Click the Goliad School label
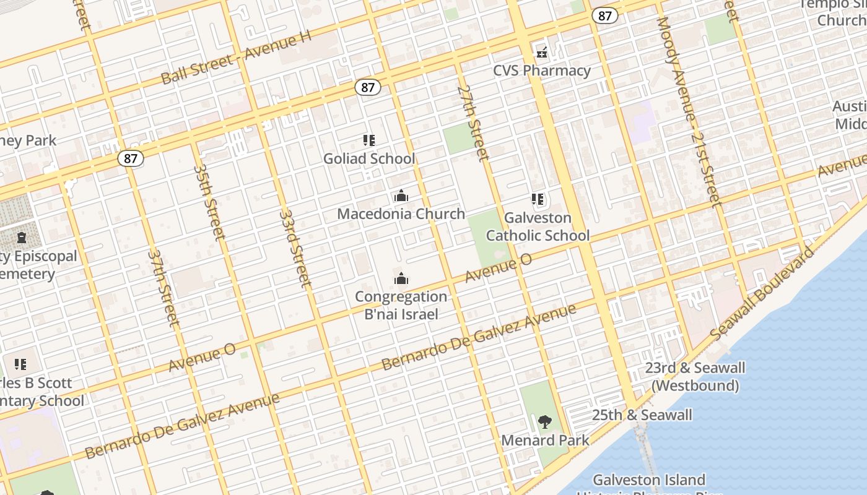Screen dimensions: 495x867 tap(369, 158)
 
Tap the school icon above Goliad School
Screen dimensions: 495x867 tap(369, 140)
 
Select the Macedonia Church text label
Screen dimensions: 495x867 tap(401, 213)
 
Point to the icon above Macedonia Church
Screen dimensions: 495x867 tap(401, 196)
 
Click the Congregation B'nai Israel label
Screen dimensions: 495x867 tap(401, 305)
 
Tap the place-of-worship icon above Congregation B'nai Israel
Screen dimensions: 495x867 tap(401, 278)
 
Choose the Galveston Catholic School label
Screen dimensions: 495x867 tap(538, 226)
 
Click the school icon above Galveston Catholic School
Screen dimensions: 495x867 tap(538, 200)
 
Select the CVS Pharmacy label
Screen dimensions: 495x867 tap(542, 70)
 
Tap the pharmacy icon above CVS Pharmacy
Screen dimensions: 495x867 tap(542, 53)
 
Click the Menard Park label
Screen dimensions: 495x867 tap(545, 440)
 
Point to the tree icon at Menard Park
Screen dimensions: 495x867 tap(545, 423)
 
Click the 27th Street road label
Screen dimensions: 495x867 tap(474, 123)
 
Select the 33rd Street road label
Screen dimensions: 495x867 tap(294, 247)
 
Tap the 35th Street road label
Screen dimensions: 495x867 tap(209, 201)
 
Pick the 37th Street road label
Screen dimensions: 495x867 tap(163, 288)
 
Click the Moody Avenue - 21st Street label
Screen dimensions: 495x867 tap(689, 111)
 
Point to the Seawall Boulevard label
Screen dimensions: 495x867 tap(762, 293)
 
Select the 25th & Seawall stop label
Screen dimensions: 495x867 tap(642, 415)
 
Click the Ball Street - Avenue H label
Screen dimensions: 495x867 tap(235, 57)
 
